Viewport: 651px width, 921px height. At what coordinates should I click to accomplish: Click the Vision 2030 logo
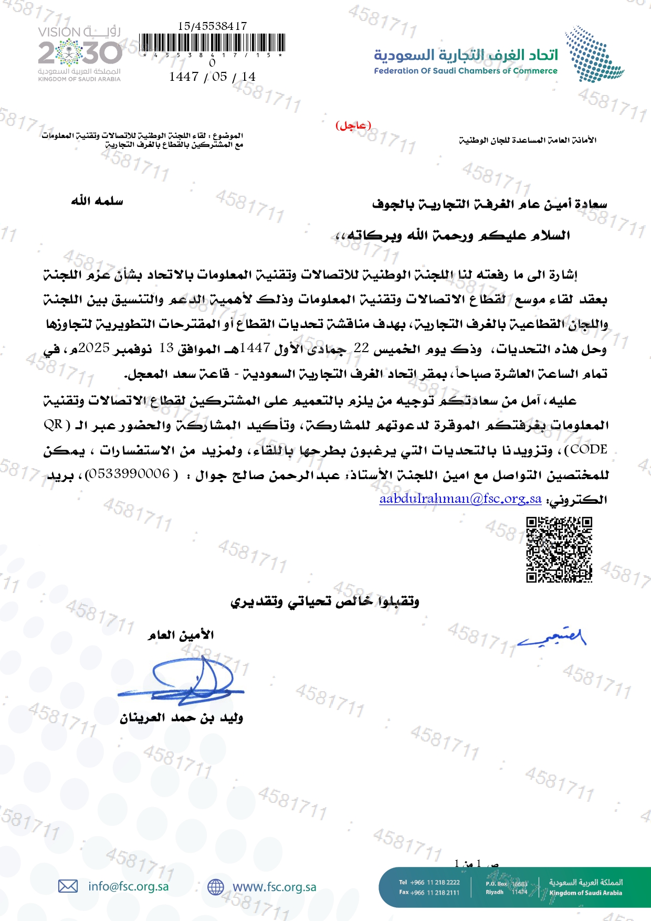[x=79, y=54]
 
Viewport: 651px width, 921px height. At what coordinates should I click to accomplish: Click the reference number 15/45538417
[x=213, y=26]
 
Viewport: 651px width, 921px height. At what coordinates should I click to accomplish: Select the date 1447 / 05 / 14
[x=213, y=77]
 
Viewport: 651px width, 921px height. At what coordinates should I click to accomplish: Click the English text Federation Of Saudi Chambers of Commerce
[x=466, y=71]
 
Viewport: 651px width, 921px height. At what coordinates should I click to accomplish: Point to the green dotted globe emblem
[x=593, y=54]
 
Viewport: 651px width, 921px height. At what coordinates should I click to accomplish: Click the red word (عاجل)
[x=353, y=125]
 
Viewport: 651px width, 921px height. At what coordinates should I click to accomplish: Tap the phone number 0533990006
[x=128, y=474]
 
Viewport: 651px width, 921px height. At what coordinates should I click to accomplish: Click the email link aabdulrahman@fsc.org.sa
[x=460, y=499]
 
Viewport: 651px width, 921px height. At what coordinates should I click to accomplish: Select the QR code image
[x=559, y=549]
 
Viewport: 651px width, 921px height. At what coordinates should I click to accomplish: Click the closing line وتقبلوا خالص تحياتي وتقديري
[x=325, y=601]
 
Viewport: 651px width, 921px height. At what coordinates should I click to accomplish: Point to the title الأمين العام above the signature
[x=181, y=635]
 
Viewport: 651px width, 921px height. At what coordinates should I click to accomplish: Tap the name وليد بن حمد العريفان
[x=181, y=717]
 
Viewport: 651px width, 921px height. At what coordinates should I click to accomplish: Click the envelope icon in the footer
[x=68, y=886]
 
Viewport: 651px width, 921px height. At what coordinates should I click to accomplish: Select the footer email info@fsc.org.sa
[x=129, y=886]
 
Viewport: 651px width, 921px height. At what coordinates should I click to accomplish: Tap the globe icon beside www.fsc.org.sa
[x=216, y=887]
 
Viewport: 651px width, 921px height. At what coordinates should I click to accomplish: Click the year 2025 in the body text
[x=94, y=348]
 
